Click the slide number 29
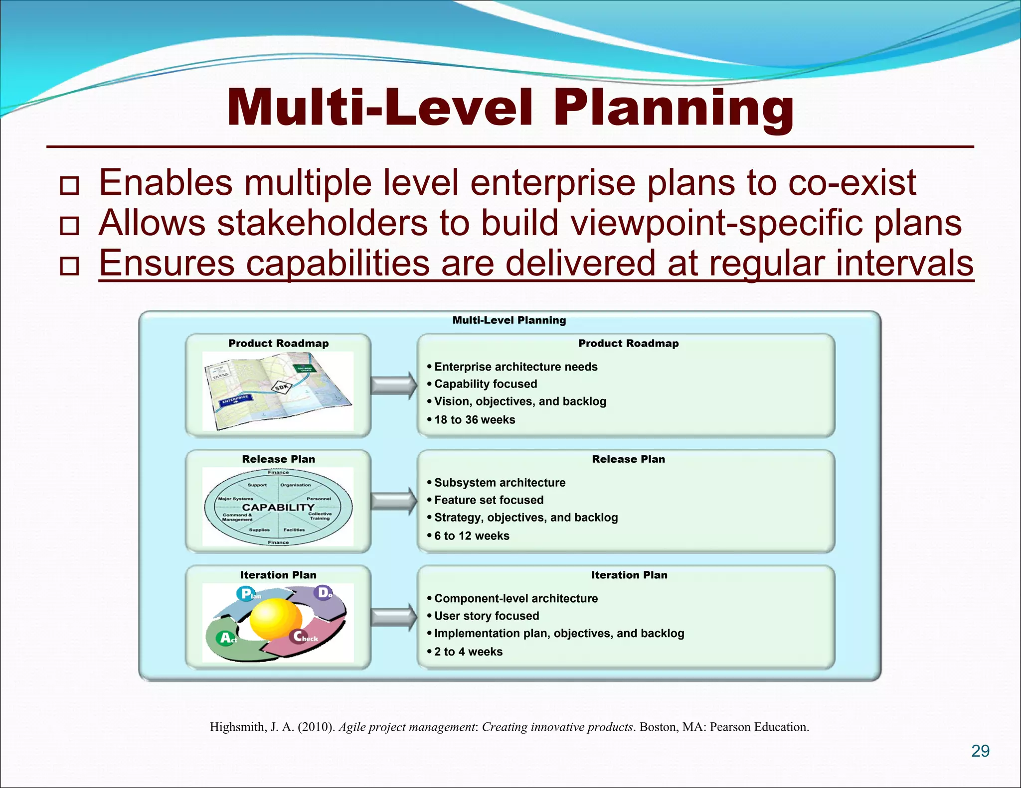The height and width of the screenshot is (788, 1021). (x=980, y=751)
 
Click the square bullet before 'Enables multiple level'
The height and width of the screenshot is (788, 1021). (x=69, y=186)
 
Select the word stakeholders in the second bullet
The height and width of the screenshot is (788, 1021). (x=323, y=223)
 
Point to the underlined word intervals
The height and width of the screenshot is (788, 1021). (x=904, y=263)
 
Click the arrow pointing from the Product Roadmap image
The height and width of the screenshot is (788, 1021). (x=393, y=385)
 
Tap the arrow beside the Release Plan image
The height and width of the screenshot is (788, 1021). (x=393, y=501)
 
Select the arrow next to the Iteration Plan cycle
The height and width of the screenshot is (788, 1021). (x=393, y=617)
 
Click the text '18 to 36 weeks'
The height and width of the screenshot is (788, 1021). (x=474, y=420)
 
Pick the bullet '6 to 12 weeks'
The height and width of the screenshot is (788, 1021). (x=471, y=536)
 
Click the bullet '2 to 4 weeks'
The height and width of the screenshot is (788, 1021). (x=468, y=652)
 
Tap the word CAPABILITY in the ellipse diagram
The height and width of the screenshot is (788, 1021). (x=278, y=508)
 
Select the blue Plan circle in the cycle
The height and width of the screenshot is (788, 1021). (x=247, y=594)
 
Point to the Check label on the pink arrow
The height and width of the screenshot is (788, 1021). (x=305, y=637)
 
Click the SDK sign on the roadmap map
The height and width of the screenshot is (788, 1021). (x=282, y=388)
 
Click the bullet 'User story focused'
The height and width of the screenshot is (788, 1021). (x=486, y=616)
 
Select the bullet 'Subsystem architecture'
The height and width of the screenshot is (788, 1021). (x=499, y=483)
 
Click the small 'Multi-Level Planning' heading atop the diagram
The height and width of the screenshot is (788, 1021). (x=509, y=320)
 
